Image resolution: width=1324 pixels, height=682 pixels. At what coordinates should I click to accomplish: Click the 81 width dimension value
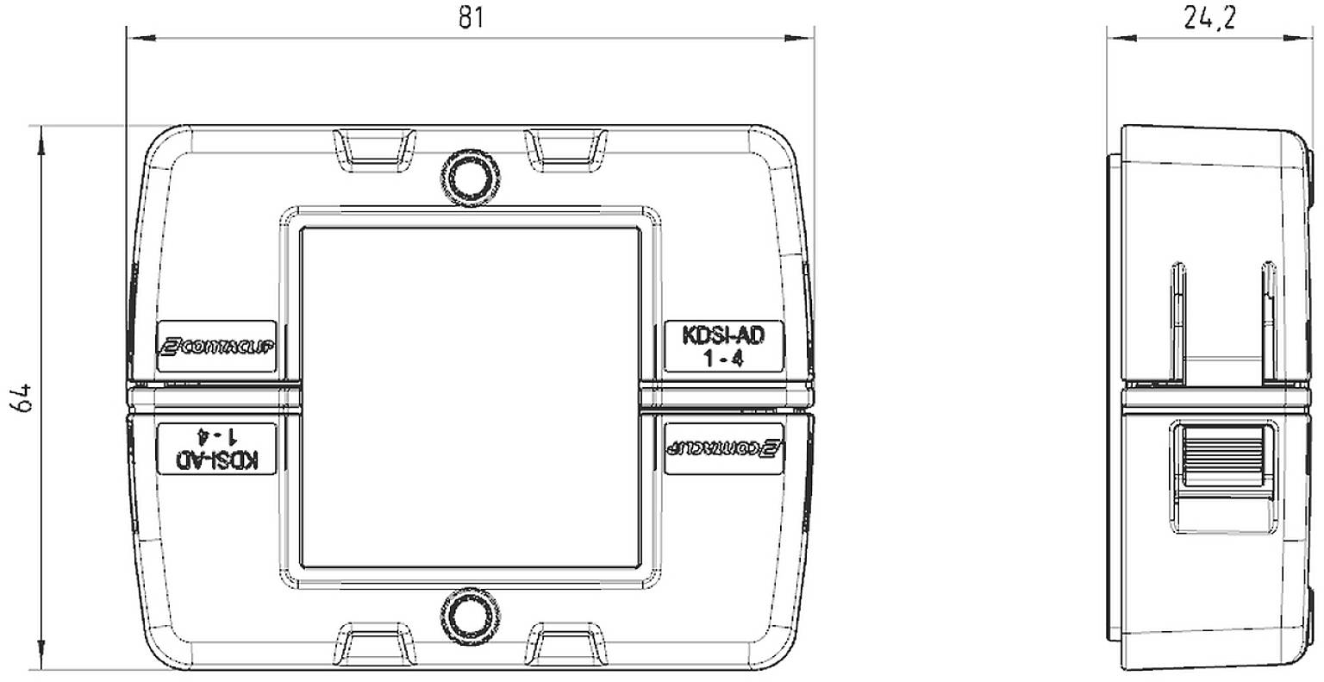click(x=470, y=18)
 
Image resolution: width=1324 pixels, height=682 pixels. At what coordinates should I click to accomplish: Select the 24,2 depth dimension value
click(x=1208, y=18)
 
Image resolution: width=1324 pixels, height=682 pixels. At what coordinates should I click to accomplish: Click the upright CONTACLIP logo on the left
click(x=215, y=347)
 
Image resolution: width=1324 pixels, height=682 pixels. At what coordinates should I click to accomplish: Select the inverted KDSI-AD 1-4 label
click(x=215, y=447)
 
